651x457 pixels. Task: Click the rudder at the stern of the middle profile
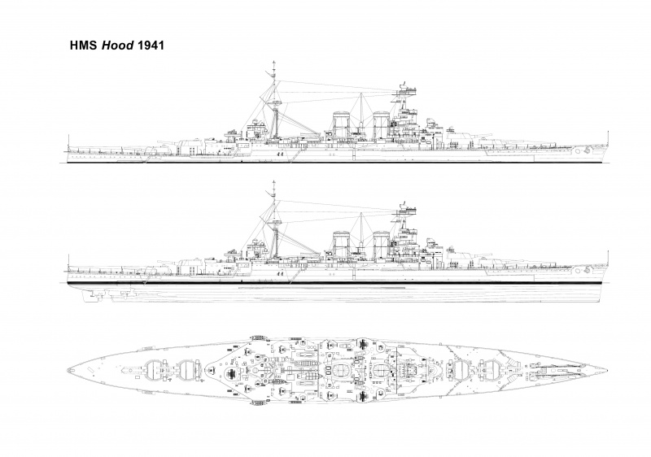click(88, 294)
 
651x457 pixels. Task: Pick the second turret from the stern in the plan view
click(188, 369)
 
